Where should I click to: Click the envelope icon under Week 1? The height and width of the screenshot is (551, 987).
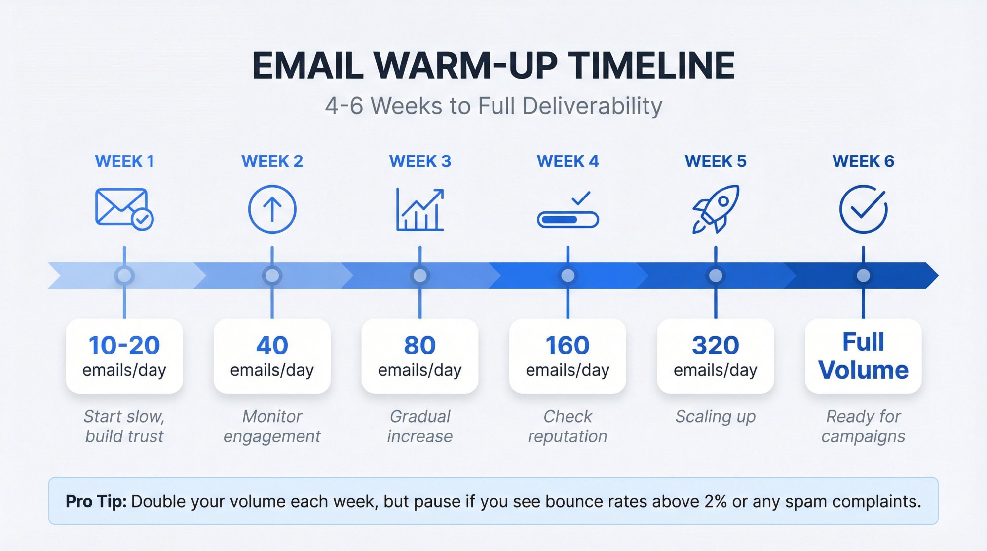[x=123, y=208]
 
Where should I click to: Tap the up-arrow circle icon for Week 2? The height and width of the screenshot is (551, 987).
[x=272, y=209]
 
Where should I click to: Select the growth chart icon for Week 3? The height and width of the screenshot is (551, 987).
[x=420, y=209]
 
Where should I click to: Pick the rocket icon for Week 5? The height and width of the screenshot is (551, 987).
[x=716, y=209]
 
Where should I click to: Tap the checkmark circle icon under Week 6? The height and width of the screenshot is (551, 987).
[x=863, y=209]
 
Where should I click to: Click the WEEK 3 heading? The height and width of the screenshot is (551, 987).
[x=420, y=161]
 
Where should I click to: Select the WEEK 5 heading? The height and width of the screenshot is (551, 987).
[x=716, y=161]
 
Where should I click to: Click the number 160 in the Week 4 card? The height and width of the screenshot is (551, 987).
[x=568, y=345]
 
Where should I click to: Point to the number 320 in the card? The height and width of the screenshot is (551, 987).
[x=716, y=345]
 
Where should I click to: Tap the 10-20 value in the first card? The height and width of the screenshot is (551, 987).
[x=124, y=345]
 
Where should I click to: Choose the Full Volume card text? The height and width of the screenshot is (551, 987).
[x=863, y=356]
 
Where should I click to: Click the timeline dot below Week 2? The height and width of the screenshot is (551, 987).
[x=272, y=275]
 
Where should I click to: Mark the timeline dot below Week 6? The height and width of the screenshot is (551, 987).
[x=863, y=275]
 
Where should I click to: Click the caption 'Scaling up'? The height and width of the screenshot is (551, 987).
[x=716, y=417]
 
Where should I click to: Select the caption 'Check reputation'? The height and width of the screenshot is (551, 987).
[x=568, y=427]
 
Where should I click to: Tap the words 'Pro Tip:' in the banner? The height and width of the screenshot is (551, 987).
[x=96, y=501]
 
